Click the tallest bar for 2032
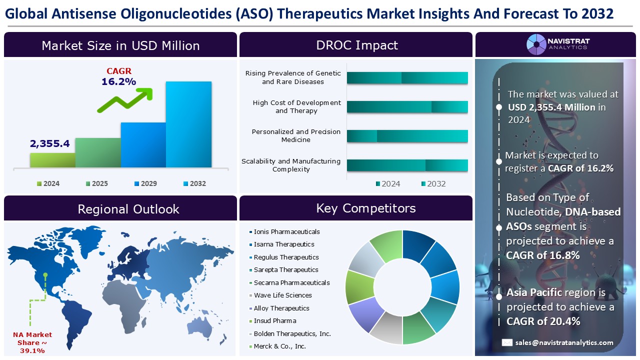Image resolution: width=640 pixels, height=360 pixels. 189,124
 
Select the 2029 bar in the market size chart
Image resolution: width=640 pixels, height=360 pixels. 143,145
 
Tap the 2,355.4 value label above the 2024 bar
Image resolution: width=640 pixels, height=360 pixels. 49,143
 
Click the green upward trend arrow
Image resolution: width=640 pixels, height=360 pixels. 125,100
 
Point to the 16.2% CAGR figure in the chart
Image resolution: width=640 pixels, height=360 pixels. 119,81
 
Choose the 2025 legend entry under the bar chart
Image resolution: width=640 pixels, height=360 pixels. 97,183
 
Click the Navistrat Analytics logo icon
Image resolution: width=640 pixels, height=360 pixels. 536,44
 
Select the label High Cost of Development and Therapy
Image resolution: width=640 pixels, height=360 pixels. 296,106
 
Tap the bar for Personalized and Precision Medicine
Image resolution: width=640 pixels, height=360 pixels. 407,136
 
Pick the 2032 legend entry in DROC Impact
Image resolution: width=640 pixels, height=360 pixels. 433,183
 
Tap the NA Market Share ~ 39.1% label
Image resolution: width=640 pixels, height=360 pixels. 32,342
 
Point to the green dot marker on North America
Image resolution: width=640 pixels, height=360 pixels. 45,275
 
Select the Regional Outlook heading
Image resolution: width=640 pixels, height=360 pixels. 128,209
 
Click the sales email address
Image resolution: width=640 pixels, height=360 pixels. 564,342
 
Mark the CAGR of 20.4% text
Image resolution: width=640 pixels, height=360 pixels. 543,321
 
